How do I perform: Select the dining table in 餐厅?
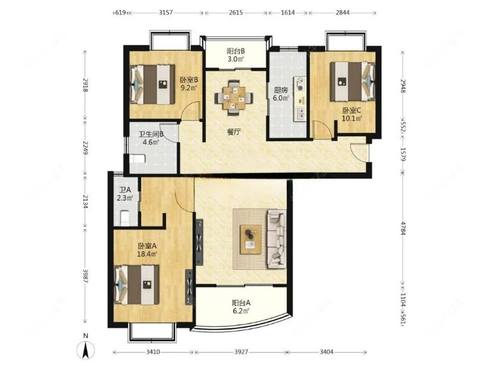click(234, 98)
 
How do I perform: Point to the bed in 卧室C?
click(353, 81)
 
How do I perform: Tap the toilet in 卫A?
click(124, 218)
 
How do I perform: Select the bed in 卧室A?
click(137, 285)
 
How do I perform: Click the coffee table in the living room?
click(251, 239)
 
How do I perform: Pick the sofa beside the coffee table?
click(276, 239)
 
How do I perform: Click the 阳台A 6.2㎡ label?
click(241, 306)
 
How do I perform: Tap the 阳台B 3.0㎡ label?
click(235, 55)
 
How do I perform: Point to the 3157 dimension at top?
click(165, 13)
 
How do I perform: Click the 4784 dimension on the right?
click(403, 229)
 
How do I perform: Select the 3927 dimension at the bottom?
click(241, 352)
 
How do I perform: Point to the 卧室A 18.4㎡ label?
click(147, 250)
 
